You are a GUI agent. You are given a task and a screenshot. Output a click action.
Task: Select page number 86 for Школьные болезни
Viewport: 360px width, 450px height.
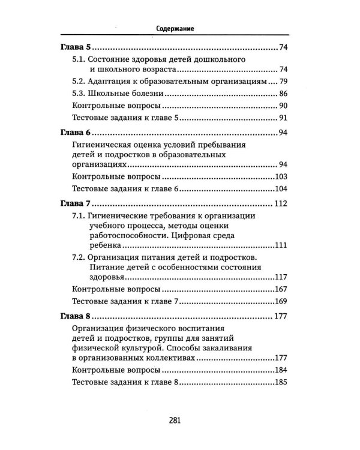pos(285,94)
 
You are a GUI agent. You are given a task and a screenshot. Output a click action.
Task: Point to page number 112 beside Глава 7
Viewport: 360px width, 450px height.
pos(283,202)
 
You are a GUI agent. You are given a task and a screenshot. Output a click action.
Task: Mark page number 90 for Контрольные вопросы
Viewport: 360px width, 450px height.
pos(285,106)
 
